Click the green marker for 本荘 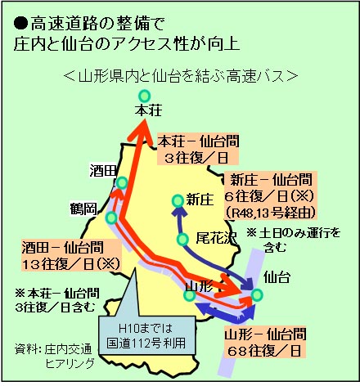coord(144,96)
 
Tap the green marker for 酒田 coord(122,182)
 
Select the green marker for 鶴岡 coord(111,218)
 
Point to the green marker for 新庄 coord(178,201)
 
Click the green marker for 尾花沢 coord(182,240)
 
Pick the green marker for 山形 coord(190,295)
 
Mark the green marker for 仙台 coord(257,295)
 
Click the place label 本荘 coord(149,110)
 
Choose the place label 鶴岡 coord(83,209)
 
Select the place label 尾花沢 coord(216,238)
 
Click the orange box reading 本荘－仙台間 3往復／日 coord(198,149)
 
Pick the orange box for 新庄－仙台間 coord(271,195)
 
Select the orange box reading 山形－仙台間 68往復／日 coord(265,342)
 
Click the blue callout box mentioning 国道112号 coord(147,335)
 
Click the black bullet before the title coord(20,24)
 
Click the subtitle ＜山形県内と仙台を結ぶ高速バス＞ coord(180,76)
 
